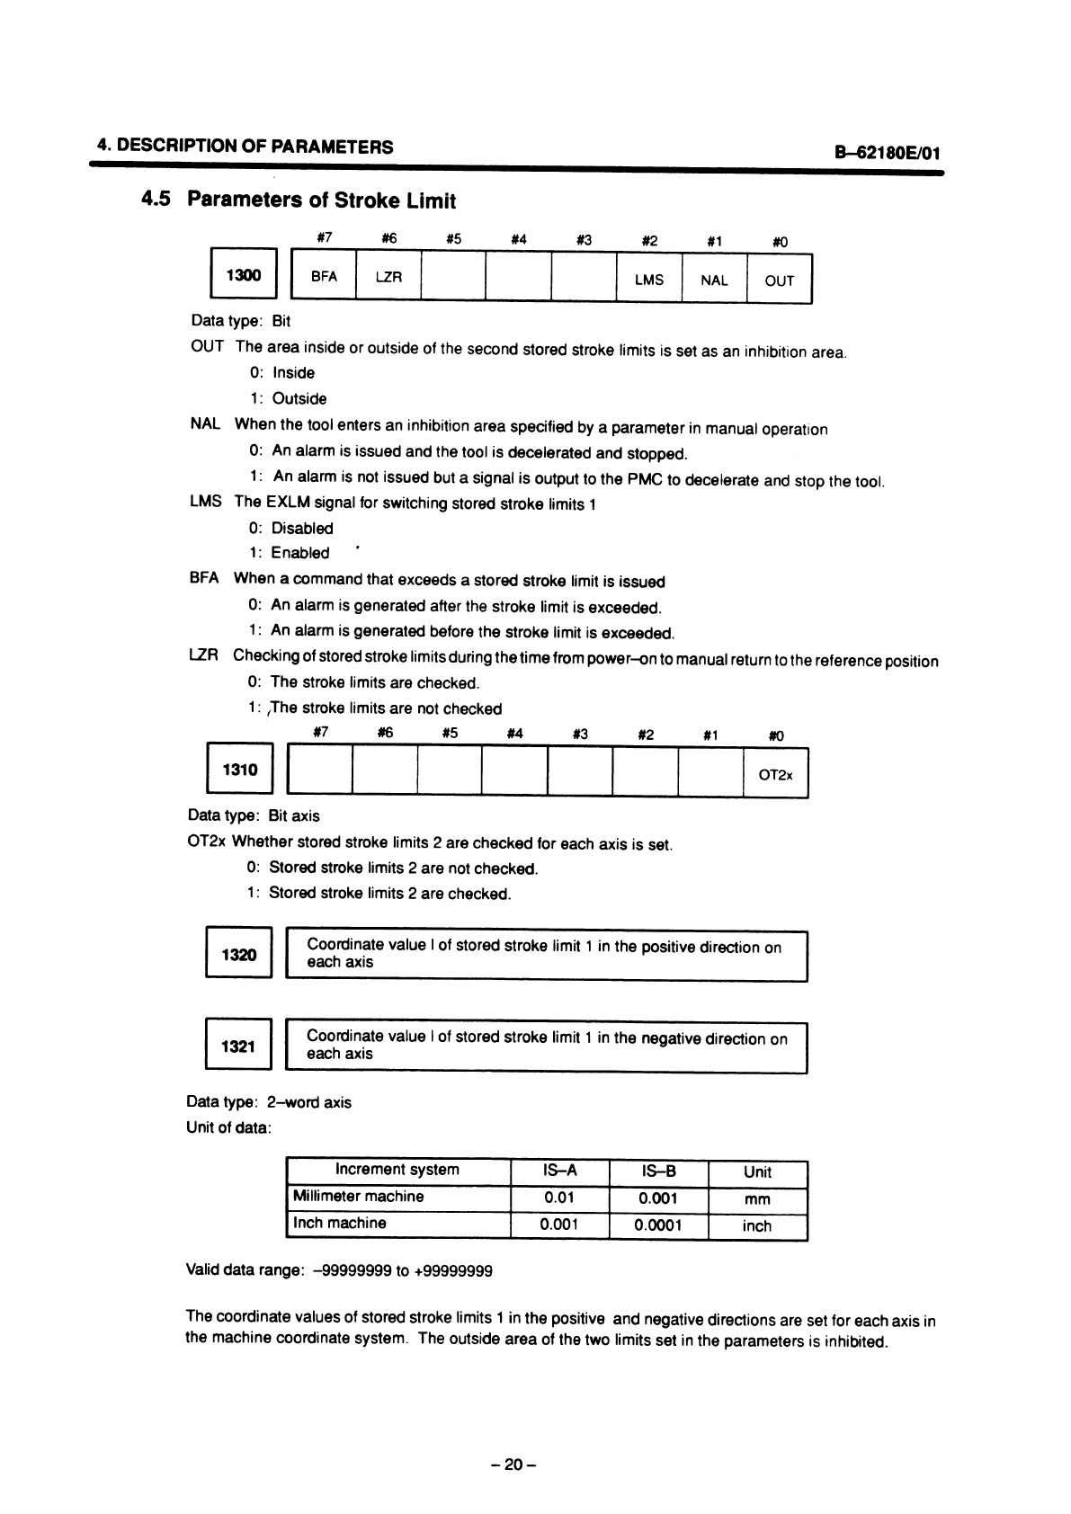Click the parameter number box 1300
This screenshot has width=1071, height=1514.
[x=243, y=275]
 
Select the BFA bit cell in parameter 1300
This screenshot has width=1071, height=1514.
[x=324, y=278]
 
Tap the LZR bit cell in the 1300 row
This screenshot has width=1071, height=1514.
[x=388, y=278]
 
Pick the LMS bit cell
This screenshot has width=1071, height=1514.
[x=648, y=280]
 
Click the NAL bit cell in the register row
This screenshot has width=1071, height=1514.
[x=714, y=280]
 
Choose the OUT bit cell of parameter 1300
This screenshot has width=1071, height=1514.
[x=779, y=281]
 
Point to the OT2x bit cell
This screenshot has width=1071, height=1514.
[x=776, y=774]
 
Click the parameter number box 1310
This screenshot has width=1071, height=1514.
[x=240, y=770]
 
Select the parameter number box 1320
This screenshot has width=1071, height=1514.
[x=238, y=955]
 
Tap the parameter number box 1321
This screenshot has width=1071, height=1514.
[x=238, y=1046]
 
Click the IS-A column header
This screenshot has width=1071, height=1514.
[x=559, y=1171]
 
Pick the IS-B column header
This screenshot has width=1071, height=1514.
[x=659, y=1171]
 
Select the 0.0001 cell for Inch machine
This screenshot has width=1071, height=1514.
[x=659, y=1225]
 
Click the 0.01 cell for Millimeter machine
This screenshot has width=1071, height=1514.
[x=559, y=1198]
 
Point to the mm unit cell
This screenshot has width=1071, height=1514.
[x=757, y=1199]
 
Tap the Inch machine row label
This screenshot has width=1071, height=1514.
[x=340, y=1223]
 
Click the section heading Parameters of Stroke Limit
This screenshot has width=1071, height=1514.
[x=321, y=200]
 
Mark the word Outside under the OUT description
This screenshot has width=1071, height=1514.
[x=299, y=398]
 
